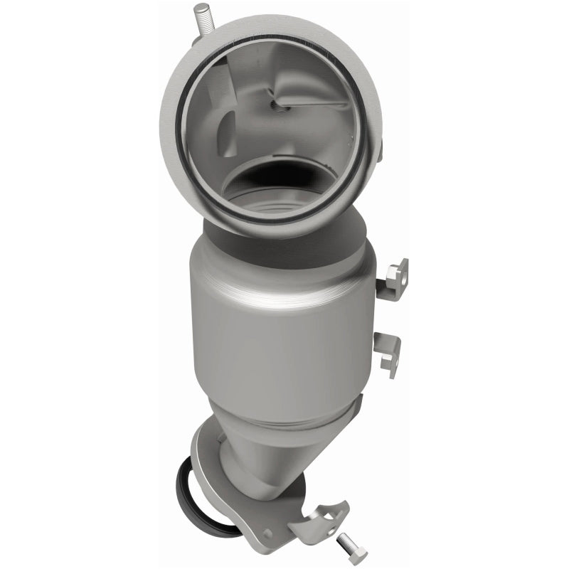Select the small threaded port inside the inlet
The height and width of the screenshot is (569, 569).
pyautogui.click(x=280, y=105)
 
